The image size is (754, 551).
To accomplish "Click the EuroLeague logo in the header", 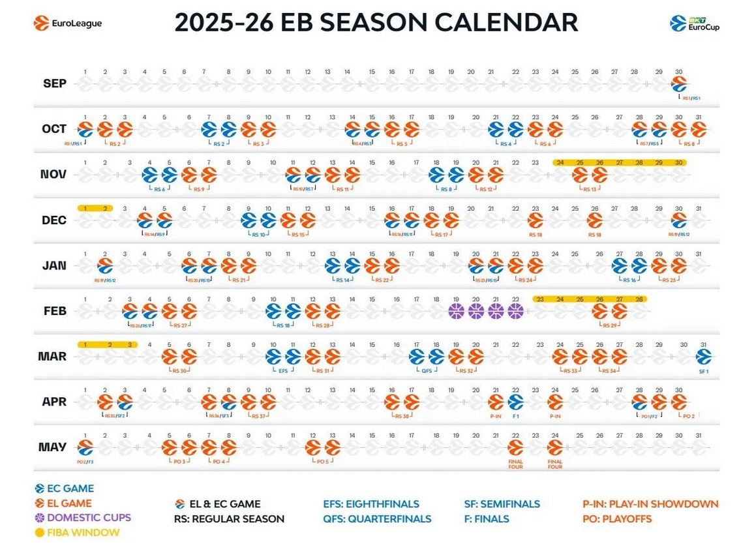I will tap(68, 23).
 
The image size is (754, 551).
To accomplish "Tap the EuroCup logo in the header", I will tap(695, 23).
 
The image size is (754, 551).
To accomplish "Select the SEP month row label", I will tap(54, 83).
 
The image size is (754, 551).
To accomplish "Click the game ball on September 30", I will tap(679, 83).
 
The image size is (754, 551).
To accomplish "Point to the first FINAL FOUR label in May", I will tap(515, 464).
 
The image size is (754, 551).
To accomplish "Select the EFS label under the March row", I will tap(283, 370).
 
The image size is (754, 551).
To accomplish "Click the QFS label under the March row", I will tap(427, 370).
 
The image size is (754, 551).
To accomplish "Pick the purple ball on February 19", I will tap(457, 311).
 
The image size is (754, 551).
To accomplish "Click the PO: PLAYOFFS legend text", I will tap(616, 519).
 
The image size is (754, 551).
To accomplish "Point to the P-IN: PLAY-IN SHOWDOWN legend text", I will tap(650, 504).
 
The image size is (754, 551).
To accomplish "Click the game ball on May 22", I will tap(515, 447).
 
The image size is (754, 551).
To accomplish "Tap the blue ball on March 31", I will tap(703, 356).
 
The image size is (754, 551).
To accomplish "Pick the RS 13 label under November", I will tap(590, 188).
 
